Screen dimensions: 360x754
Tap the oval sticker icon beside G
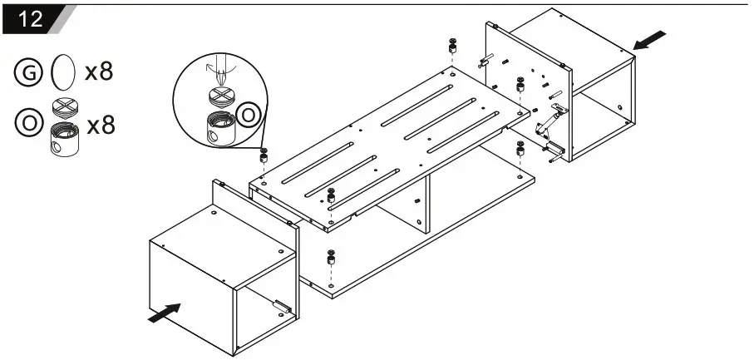click(x=62, y=72)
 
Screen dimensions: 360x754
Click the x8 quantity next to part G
click(x=99, y=72)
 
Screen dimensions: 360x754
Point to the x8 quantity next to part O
click(x=99, y=126)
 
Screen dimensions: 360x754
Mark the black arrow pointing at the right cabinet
click(x=651, y=38)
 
